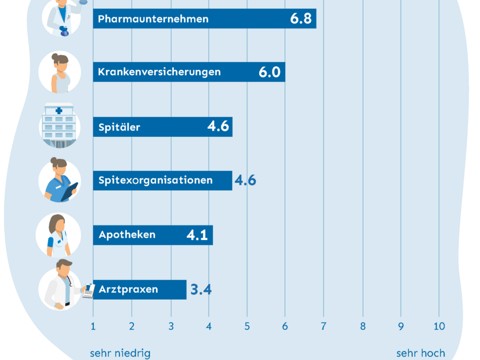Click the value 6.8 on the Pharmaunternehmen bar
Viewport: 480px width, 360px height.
pyautogui.click(x=301, y=19)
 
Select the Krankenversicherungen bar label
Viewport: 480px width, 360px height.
pyautogui.click(x=159, y=72)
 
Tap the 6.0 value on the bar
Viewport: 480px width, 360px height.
pyautogui.click(x=270, y=72)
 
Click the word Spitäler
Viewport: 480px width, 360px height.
pyautogui.click(x=119, y=127)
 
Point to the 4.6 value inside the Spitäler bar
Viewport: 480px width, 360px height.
pyautogui.click(x=218, y=126)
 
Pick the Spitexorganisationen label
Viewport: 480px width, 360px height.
pyautogui.click(x=155, y=180)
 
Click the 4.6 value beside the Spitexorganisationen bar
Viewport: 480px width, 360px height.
pyautogui.click(x=245, y=180)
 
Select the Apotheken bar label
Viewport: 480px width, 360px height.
pyautogui.click(x=127, y=235)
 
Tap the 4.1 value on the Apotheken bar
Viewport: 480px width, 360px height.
pyautogui.click(x=197, y=235)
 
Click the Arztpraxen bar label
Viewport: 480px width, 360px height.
pyautogui.click(x=128, y=289)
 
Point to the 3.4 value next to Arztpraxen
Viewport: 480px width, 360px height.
pyautogui.click(x=201, y=289)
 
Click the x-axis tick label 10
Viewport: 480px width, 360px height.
pyautogui.click(x=439, y=326)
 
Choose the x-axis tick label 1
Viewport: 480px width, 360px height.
pyautogui.click(x=93, y=326)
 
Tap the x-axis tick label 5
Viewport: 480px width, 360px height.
pyautogui.click(x=247, y=326)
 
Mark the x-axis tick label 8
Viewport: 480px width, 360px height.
pyautogui.click(x=362, y=326)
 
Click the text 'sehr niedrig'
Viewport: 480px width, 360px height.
pyautogui.click(x=120, y=353)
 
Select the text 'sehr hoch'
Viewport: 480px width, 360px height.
pyautogui.click(x=421, y=353)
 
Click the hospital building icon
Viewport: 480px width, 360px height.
pyautogui.click(x=60, y=126)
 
